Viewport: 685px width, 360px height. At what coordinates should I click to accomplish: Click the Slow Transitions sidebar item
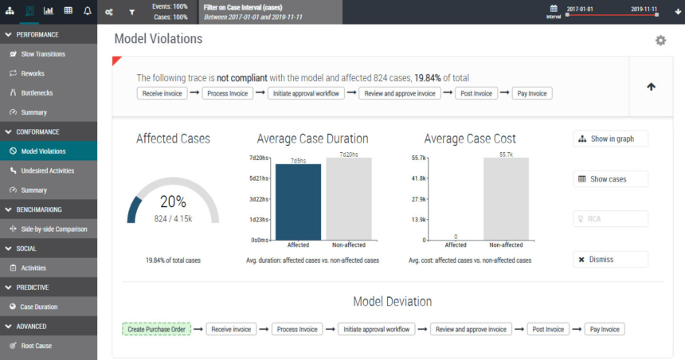tap(43, 54)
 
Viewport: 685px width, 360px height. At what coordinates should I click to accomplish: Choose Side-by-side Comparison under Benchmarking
tap(53, 229)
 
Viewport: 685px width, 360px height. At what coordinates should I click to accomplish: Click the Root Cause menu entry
tap(37, 346)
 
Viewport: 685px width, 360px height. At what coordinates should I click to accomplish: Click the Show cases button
tap(609, 179)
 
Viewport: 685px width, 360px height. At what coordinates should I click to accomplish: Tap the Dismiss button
tap(609, 259)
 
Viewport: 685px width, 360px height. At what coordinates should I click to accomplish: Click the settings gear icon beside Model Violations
tap(660, 41)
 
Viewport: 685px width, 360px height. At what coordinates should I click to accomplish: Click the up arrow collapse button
tap(651, 87)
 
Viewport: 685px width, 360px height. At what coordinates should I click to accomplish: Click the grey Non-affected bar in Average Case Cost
tap(506, 198)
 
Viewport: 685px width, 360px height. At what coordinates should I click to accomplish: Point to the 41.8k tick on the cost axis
tap(417, 178)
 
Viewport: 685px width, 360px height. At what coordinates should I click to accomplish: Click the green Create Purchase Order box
tap(156, 329)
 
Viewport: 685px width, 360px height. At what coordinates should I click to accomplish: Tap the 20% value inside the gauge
tap(173, 202)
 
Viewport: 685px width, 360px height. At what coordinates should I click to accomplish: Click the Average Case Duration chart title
tap(312, 139)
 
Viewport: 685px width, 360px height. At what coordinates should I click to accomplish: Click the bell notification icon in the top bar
tap(88, 11)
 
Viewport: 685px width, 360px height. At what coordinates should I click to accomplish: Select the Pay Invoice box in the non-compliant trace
tap(531, 93)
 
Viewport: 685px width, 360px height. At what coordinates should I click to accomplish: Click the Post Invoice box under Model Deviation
tap(549, 329)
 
